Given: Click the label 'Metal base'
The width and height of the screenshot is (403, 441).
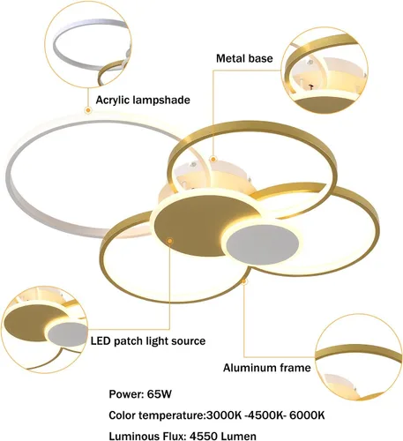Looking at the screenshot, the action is pos(244,58).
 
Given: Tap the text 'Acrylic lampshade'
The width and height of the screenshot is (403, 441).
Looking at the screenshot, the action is pos(143,100).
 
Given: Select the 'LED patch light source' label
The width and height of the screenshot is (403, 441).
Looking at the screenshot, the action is pos(148,341).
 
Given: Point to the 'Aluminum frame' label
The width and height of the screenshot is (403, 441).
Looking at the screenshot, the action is pos(266,368).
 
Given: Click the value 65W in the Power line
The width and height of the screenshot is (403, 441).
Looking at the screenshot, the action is pos(159,394).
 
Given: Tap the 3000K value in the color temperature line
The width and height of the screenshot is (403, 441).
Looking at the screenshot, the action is pos(224,415).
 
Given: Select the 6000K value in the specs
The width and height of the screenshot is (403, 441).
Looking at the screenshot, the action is pos(307,415).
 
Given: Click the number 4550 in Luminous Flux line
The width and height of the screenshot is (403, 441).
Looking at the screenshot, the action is pos(204,436).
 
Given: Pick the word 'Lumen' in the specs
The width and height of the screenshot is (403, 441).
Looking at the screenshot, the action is pos(238,436).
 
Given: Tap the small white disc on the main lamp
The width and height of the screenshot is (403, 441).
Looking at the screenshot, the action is pos(263,244).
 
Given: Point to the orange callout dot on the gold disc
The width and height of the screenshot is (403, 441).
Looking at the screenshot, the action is pos(169,241).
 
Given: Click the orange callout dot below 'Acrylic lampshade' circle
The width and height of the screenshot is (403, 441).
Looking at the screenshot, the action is pos(88,110).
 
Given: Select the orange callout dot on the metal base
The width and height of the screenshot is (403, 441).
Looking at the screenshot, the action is pos(213,160).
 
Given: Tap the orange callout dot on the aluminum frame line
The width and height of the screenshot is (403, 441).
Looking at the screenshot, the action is pos(243,281).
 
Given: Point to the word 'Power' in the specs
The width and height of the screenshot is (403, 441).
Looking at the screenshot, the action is pos(125,394).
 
